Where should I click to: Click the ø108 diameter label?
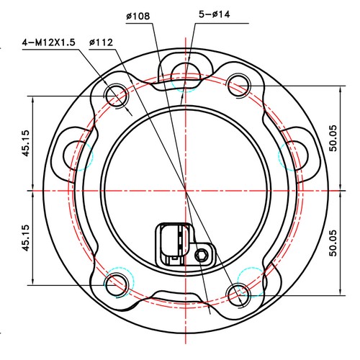pyautogui.click(x=138, y=16)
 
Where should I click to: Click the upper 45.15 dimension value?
pyautogui.click(x=26, y=143)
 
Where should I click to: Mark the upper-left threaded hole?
pyautogui.click(x=116, y=94)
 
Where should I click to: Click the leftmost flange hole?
pyautogui.click(x=77, y=151)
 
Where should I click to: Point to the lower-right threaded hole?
pyautogui.click(x=238, y=291)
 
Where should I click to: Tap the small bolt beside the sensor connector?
pyautogui.click(x=203, y=255)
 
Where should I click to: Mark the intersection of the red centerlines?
pyautogui.click(x=186, y=191)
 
